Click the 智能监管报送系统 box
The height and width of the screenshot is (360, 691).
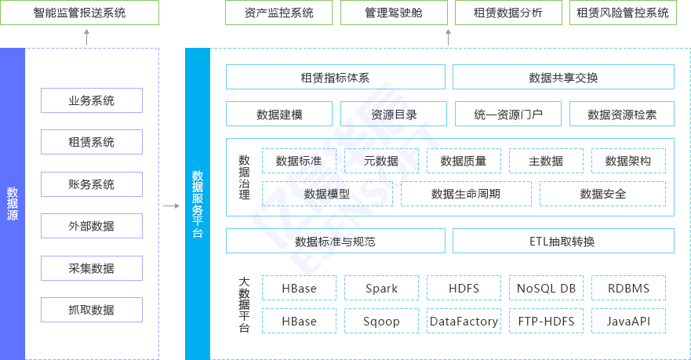coord(79,13)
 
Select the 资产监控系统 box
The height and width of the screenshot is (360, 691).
coord(279,13)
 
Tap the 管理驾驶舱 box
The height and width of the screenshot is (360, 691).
coord(394,13)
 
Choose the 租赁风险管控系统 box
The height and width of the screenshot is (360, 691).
coord(623,13)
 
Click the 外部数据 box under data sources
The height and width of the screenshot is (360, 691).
coord(92,227)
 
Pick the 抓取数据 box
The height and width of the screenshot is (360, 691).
coord(92,311)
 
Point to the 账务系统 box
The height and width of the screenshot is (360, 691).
coord(92,184)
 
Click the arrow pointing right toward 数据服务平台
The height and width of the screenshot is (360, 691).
coord(171,206)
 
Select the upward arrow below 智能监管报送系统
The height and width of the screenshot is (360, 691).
coord(87,36)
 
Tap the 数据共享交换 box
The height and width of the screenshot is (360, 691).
coord(563,78)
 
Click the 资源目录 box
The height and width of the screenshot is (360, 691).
coord(394,115)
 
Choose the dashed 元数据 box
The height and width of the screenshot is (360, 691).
coord(381,162)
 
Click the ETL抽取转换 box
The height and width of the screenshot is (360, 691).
coord(563,242)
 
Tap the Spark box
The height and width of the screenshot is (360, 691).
coord(382,289)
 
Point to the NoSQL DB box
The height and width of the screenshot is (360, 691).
coord(546,289)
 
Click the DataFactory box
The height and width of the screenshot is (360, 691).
coord(464,322)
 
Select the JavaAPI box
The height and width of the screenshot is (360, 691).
coord(628,322)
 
